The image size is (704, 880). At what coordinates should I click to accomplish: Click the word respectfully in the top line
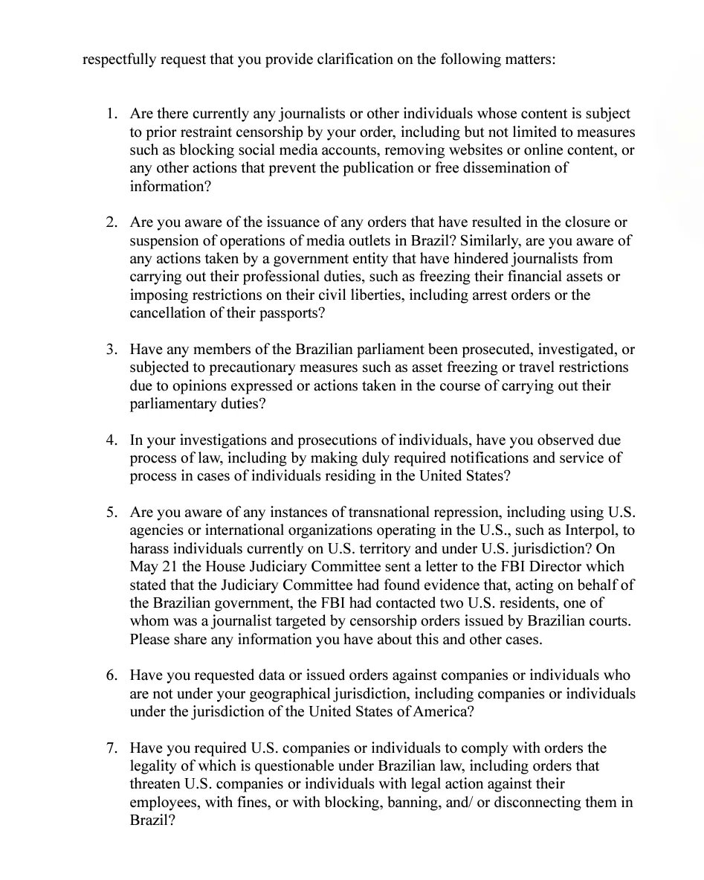117,60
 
